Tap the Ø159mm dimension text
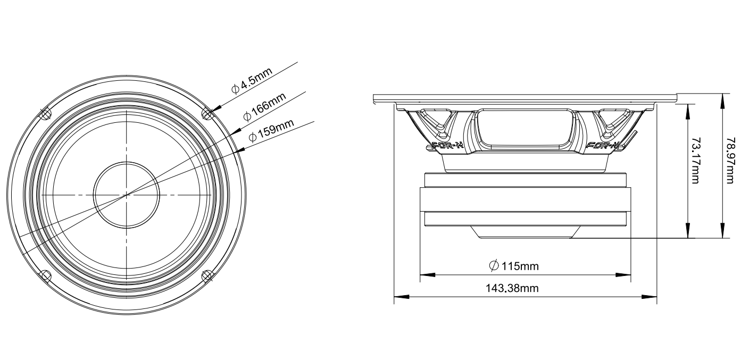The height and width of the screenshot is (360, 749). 271,131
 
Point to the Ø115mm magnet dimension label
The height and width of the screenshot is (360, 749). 513,266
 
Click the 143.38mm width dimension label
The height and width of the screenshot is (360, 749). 512,288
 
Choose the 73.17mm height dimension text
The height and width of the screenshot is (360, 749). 696,161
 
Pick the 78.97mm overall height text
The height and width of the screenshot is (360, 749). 731,161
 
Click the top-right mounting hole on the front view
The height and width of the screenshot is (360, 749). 207,114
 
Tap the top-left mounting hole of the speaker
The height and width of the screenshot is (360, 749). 45,114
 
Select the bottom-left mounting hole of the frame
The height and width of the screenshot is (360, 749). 45,275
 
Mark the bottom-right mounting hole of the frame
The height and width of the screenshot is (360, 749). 207,275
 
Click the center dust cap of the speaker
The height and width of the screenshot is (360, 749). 127,195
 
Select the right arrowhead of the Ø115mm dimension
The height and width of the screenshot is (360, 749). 623,275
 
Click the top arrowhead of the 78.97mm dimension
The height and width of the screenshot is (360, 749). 723,101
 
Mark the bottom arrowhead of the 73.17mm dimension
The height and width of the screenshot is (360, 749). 688,231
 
